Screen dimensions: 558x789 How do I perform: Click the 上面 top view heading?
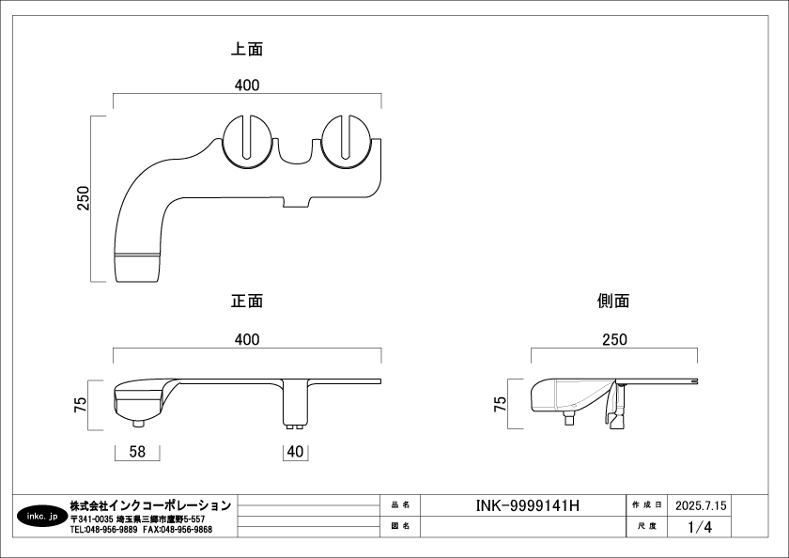coord(248,49)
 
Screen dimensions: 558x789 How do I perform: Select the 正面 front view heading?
coord(247,302)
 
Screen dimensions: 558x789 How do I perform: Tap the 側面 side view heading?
coord(613,302)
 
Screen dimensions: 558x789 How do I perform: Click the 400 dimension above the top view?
coord(247,85)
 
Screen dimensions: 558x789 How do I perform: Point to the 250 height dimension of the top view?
coord(83,198)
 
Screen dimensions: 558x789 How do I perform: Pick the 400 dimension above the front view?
coord(247,340)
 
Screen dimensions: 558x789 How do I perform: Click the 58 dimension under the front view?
coord(137,452)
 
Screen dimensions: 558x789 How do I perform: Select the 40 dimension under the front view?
coord(296,452)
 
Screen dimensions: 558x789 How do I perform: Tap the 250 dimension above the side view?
coord(614,340)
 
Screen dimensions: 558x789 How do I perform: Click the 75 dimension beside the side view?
coord(501,404)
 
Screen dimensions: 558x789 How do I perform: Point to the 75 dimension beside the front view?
coord(81,404)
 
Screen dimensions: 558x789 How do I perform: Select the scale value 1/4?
coord(700,527)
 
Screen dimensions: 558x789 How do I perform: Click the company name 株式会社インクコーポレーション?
coord(150,505)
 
